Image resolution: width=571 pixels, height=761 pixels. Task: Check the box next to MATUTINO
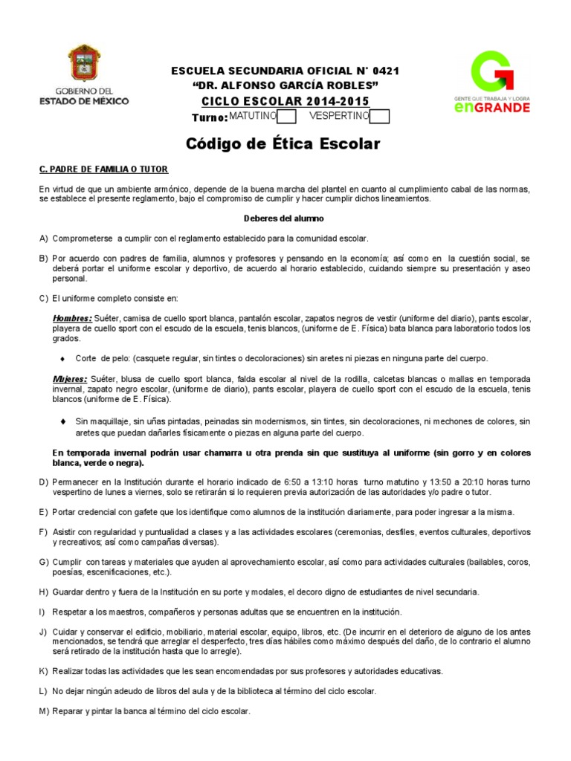click(287, 117)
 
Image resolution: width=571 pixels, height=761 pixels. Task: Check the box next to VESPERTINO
click(379, 117)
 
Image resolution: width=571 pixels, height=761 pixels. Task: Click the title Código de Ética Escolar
click(283, 143)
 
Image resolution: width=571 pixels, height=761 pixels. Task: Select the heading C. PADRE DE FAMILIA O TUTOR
click(103, 170)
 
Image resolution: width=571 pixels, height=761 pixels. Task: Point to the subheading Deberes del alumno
click(284, 218)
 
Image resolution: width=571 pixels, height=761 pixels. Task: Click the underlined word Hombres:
click(72, 317)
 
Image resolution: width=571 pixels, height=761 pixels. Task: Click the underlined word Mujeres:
click(70, 378)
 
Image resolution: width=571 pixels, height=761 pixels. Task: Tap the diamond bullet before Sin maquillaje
click(63, 421)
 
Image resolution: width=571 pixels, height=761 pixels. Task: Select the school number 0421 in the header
click(384, 71)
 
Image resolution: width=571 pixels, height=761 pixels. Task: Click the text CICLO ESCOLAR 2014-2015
click(285, 101)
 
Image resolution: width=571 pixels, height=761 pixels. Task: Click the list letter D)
click(44, 482)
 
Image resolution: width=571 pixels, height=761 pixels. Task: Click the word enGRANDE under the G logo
click(491, 107)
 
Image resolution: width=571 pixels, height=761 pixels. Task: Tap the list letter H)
click(44, 592)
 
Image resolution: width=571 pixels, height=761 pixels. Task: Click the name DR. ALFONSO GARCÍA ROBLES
click(285, 85)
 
